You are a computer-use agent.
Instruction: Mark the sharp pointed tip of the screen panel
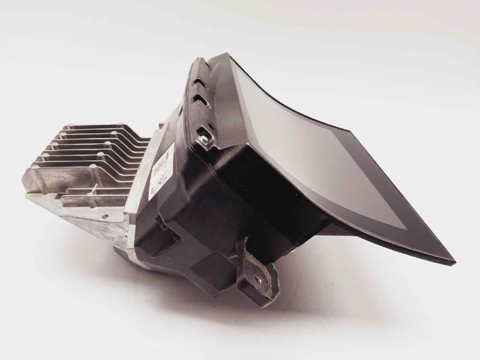click(x=452, y=262)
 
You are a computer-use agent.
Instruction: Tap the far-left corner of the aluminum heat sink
click(x=26, y=195)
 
